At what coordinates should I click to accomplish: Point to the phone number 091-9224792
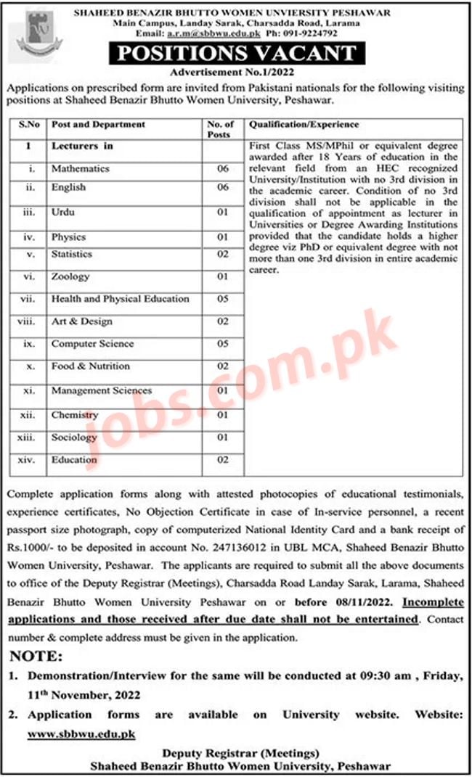click(x=311, y=33)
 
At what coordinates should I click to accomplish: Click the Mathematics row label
click(x=80, y=168)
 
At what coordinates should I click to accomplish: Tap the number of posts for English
click(x=222, y=187)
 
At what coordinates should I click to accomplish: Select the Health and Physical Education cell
click(x=120, y=299)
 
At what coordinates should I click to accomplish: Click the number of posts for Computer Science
click(x=222, y=344)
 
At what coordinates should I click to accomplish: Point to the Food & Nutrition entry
click(x=90, y=366)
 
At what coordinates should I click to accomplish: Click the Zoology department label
click(x=70, y=276)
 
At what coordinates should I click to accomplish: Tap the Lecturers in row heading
click(x=82, y=146)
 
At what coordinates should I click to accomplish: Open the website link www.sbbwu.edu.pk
click(x=81, y=734)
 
